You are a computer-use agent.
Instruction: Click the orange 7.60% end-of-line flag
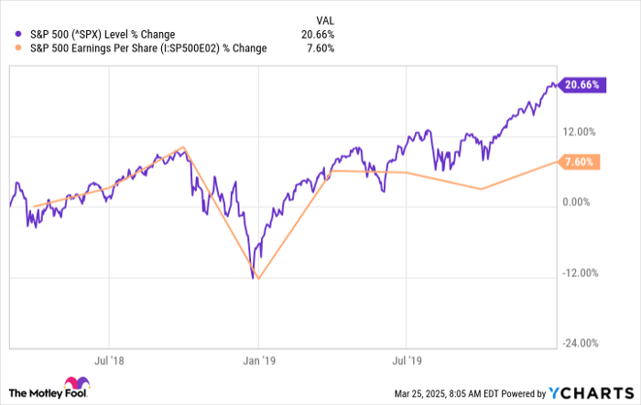581,162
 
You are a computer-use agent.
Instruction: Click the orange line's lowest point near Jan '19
258,279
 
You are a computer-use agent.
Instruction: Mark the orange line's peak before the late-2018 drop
185,147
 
